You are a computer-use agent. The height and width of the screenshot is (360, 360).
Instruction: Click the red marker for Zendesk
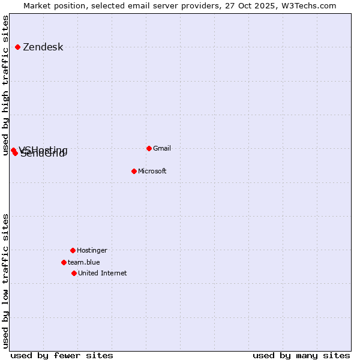pyautogui.click(x=17, y=47)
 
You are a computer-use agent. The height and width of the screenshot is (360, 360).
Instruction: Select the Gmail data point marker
pyautogui.click(x=149, y=148)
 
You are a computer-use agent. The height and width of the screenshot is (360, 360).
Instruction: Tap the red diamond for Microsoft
pyautogui.click(x=134, y=171)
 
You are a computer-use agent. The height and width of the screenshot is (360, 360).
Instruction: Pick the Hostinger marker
pyautogui.click(x=73, y=250)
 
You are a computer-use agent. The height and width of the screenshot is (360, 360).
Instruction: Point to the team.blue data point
pyautogui.click(x=64, y=262)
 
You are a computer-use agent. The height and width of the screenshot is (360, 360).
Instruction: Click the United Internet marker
pyautogui.click(x=74, y=273)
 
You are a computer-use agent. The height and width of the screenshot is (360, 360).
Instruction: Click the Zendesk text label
pyautogui.click(x=43, y=47)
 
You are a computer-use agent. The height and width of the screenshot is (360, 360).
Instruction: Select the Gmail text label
pyautogui.click(x=162, y=148)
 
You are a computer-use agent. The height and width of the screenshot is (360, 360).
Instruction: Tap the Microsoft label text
pyautogui.click(x=152, y=171)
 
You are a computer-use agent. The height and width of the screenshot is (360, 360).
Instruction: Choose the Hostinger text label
pyautogui.click(x=92, y=250)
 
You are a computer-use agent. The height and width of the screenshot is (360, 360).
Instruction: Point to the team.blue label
pyautogui.click(x=83, y=262)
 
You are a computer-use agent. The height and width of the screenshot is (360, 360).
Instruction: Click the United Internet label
pyautogui.click(x=102, y=273)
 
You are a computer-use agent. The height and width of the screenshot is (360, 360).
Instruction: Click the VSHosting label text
pyautogui.click(x=43, y=149)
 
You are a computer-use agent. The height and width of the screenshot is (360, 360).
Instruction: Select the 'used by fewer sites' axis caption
pyautogui.click(x=62, y=355)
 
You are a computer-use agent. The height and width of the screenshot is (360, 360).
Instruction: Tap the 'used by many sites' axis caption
pyautogui.click(x=301, y=355)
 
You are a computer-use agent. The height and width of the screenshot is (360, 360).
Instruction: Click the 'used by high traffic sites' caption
pyautogui.click(x=6, y=85)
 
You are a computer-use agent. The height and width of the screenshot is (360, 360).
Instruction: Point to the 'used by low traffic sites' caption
pyautogui.click(x=6, y=281)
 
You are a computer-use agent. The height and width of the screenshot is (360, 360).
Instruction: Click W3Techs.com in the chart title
pyautogui.click(x=309, y=5)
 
